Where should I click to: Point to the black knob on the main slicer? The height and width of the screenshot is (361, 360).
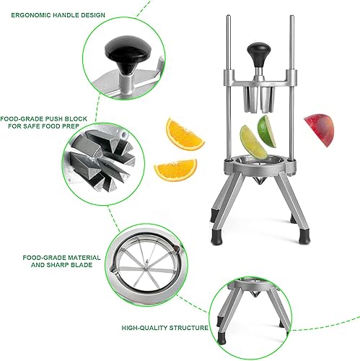pos(258,53)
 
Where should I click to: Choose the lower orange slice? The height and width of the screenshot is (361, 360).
pos(175,170)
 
